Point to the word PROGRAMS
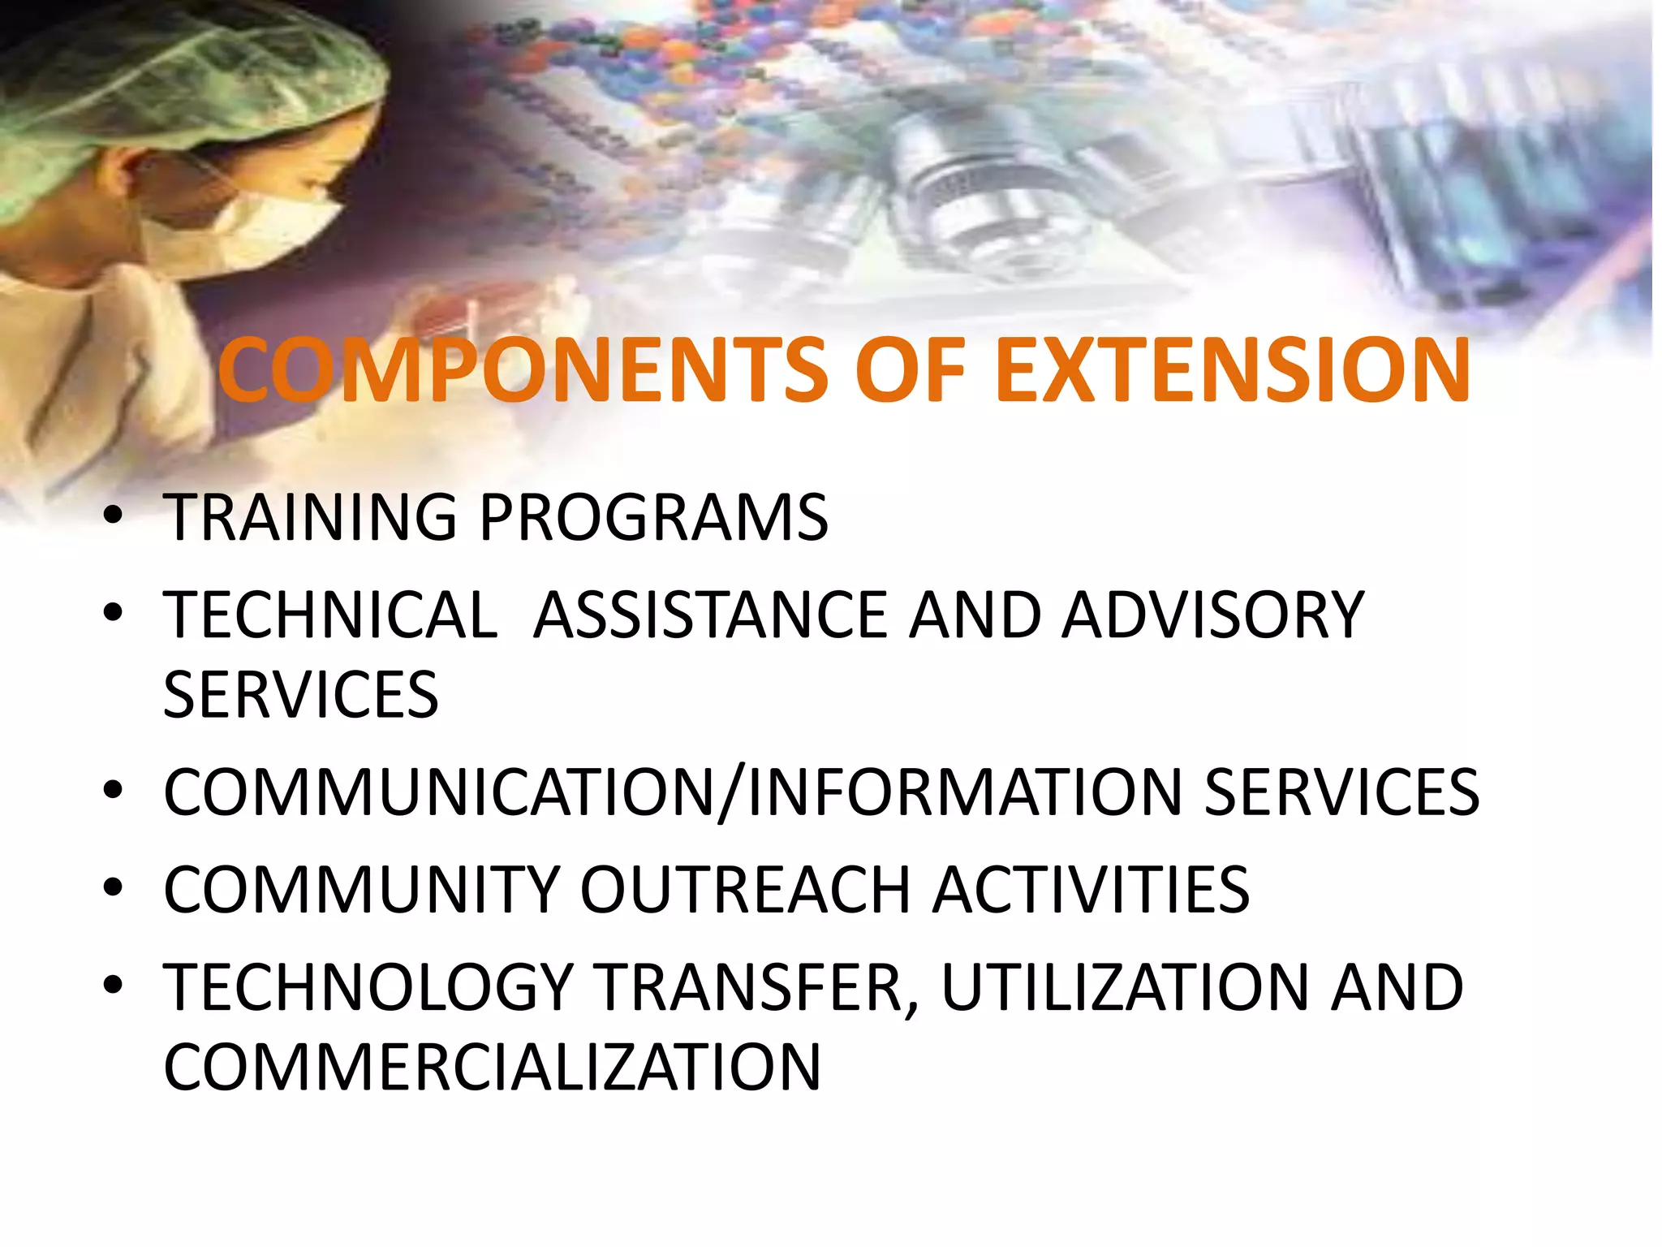[654, 517]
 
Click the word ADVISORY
[1213, 615]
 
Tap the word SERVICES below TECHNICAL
[300, 695]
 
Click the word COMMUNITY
[362, 890]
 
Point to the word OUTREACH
[745, 890]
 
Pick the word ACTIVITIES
[1091, 890]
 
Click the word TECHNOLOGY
[369, 987]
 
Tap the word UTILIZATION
[1124, 987]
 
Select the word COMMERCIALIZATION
[492, 1067]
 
